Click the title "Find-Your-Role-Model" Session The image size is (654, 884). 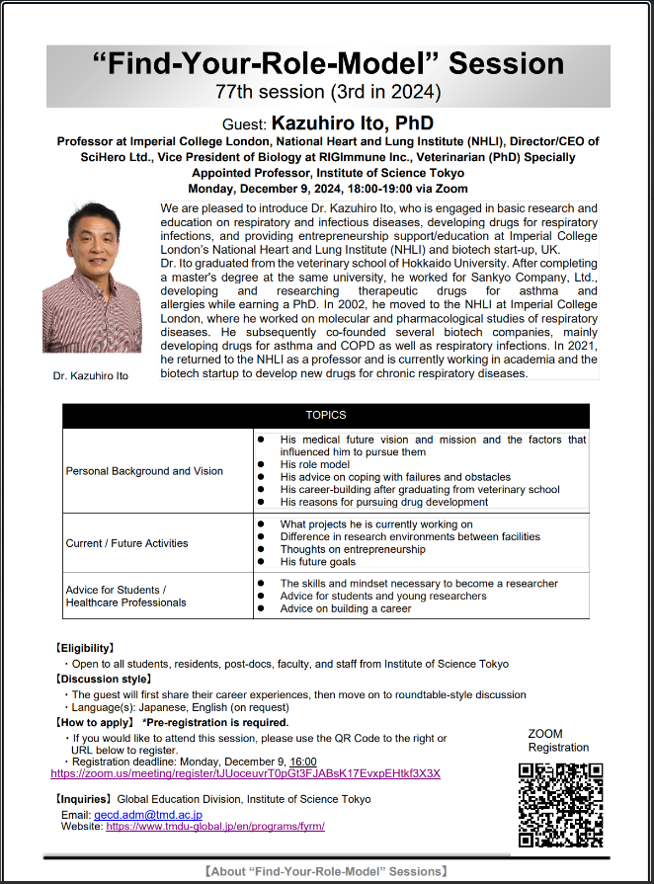(x=327, y=64)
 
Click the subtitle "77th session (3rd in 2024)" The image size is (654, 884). (x=327, y=93)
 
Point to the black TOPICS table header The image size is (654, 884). (x=326, y=416)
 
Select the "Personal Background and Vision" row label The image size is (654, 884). (x=144, y=471)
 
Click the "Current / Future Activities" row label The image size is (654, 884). (x=126, y=543)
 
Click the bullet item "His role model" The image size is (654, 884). (x=314, y=464)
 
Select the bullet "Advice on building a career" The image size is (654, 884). (x=346, y=608)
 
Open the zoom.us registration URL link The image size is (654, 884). (x=245, y=773)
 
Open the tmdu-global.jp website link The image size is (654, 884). (x=214, y=826)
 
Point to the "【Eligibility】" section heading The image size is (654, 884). (x=84, y=649)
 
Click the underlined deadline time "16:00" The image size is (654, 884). (x=303, y=762)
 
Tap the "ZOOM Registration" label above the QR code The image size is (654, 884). (x=558, y=741)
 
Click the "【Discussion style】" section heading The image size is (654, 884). (x=104, y=680)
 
